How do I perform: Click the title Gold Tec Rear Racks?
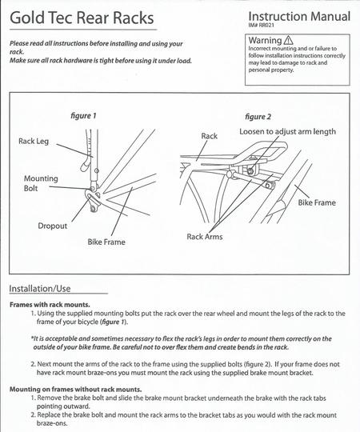pyautogui.click(x=82, y=18)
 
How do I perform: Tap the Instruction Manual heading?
pyautogui.click(x=299, y=16)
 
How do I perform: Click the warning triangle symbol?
pyautogui.click(x=288, y=40)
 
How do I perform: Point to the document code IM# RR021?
pyautogui.click(x=262, y=25)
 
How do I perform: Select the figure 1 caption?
pyautogui.click(x=83, y=116)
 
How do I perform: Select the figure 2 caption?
pyautogui.click(x=258, y=117)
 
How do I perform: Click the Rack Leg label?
pyautogui.click(x=34, y=141)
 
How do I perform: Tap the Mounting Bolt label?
pyautogui.click(x=41, y=183)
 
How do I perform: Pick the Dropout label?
pyautogui.click(x=52, y=226)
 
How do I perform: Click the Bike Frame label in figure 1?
pyautogui.click(x=106, y=242)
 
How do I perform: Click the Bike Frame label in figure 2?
pyautogui.click(x=317, y=202)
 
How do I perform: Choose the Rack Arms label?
pyautogui.click(x=205, y=237)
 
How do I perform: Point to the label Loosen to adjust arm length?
pyautogui.click(x=287, y=132)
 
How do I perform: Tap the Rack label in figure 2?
pyautogui.click(x=209, y=136)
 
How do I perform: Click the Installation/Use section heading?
pyautogui.click(x=40, y=289)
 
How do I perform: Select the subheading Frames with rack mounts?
pyautogui.click(x=50, y=305)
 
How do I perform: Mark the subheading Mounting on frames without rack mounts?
pyautogui.click(x=76, y=390)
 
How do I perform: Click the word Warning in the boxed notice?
pyautogui.click(x=265, y=40)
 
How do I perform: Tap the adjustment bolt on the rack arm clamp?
pyautogui.click(x=250, y=171)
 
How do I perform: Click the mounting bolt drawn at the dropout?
pyautogui.click(x=93, y=189)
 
